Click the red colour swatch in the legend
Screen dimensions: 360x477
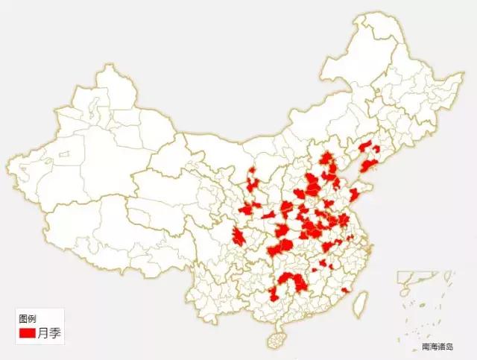pos(28,333)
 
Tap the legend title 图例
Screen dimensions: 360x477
pos(28,318)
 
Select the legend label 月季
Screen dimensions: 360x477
pos(50,333)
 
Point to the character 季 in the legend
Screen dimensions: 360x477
pos(56,333)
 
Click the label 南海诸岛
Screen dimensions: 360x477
pos(437,347)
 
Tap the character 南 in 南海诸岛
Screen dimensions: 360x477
pos(426,347)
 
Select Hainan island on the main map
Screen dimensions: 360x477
pos(277,340)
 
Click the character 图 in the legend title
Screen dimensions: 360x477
pos(23,318)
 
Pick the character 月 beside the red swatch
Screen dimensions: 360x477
pos(44,333)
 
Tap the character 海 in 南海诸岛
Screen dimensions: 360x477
pos(433,347)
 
